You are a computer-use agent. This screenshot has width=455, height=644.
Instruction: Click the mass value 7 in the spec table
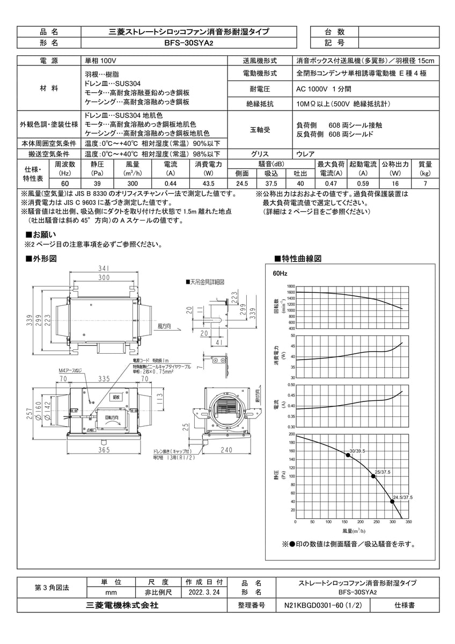(425, 184)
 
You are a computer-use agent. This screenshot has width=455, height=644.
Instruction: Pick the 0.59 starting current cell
(363, 184)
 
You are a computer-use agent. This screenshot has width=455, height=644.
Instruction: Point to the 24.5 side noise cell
(242, 184)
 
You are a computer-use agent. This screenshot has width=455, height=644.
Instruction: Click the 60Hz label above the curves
(280, 273)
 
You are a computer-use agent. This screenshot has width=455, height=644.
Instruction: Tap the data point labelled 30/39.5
(348, 455)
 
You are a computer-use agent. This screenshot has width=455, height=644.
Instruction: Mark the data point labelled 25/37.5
(373, 476)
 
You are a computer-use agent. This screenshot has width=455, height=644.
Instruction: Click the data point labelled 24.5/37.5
(392, 501)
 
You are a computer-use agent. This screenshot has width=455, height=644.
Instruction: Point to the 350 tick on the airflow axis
(408, 521)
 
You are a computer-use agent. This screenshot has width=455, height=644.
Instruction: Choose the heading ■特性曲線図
(298, 259)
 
